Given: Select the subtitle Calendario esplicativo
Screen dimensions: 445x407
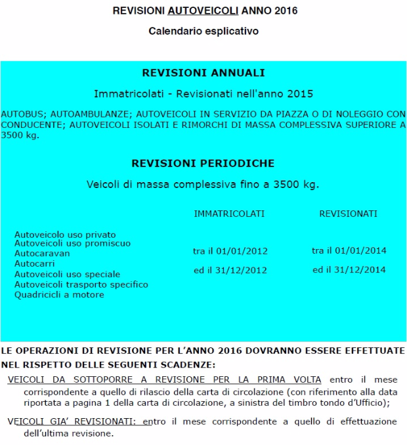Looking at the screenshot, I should (203, 31).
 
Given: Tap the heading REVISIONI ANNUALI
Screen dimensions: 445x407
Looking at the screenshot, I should (203, 73).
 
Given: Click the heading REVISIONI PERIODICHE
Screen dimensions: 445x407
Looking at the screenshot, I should (203, 163).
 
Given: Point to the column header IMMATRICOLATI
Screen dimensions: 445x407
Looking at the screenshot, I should (229, 214).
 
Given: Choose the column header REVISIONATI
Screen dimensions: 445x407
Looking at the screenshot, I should (349, 214).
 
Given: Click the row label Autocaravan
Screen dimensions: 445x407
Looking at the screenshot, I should (42, 253).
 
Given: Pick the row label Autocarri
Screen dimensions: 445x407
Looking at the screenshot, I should (35, 263).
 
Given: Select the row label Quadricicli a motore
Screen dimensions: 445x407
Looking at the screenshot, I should (59, 295).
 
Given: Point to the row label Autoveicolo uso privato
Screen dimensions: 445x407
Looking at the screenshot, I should (65, 234).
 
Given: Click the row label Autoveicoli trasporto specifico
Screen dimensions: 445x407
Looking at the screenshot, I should (81, 284).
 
